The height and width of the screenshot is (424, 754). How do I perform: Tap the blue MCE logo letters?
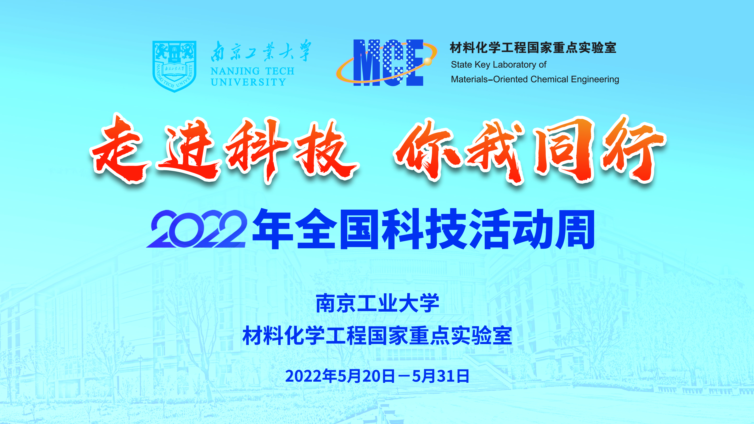[x=388, y=63]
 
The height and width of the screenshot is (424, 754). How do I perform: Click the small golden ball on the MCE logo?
[x=428, y=61]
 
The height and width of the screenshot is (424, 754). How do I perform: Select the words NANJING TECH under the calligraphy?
[x=252, y=71]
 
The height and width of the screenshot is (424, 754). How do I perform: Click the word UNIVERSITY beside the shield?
[x=248, y=82]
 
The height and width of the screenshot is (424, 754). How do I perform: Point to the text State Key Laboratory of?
[x=498, y=65]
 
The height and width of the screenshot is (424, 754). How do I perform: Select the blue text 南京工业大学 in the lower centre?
[x=377, y=303]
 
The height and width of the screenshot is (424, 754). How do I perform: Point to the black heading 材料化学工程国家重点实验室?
[x=533, y=48]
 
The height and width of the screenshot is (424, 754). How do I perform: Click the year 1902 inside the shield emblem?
[x=174, y=60]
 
